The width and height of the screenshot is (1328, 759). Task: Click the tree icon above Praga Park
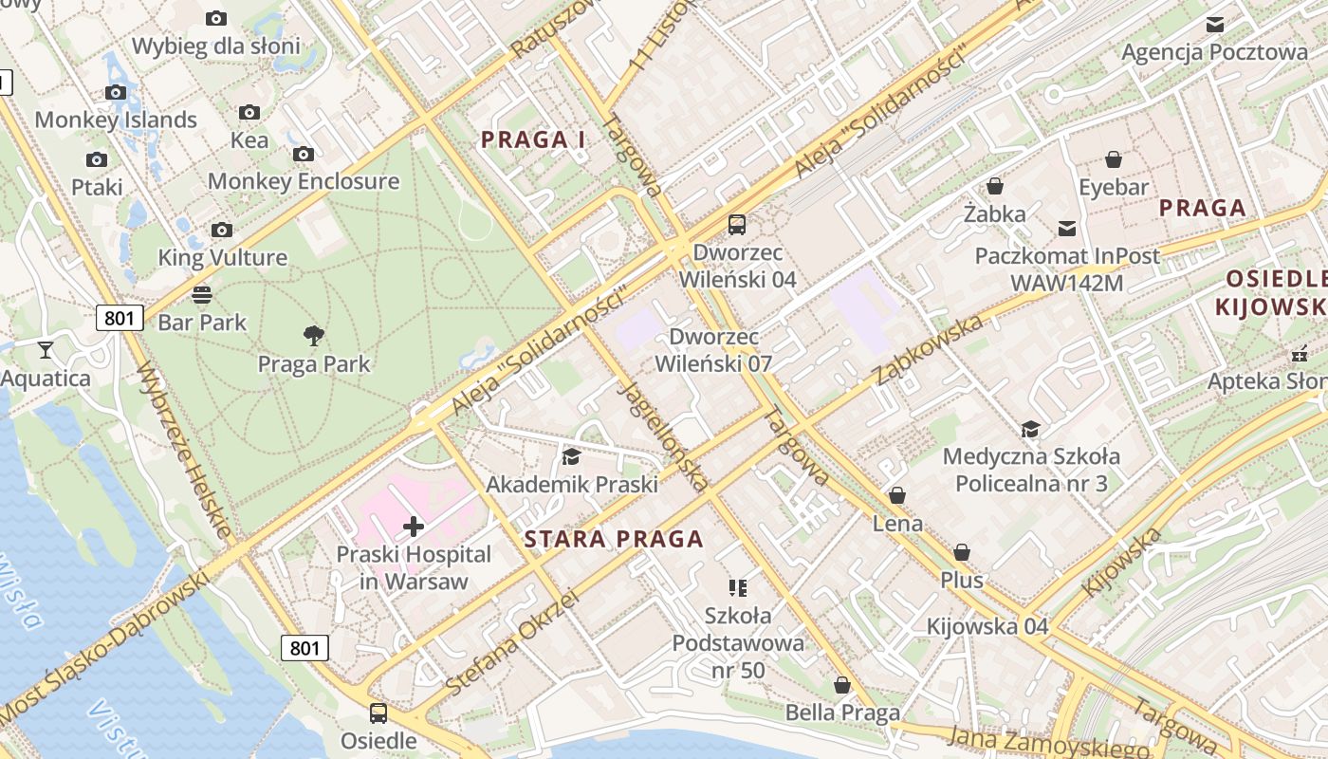pos(314,335)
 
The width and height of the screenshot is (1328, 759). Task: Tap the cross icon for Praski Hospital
pos(414,526)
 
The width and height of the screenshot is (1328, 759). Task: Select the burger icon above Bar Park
pos(202,294)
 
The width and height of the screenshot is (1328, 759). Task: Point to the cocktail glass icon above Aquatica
pos(46,349)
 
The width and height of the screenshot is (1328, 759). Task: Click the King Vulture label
pos(222,257)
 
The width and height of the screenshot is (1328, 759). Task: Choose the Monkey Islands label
pos(116,120)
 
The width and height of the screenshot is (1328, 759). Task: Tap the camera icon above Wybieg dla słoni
pos(216,18)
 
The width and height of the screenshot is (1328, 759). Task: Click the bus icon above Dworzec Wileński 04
pos(737,225)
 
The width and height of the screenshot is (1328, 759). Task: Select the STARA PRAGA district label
pos(614,540)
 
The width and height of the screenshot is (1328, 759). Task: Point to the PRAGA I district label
pos(533,140)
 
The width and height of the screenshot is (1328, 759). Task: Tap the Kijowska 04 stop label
pos(987,626)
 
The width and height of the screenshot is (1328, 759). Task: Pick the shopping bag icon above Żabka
pos(995,186)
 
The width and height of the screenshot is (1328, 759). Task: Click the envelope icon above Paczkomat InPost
pos(1067,228)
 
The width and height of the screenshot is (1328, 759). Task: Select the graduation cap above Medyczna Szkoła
pos(1030,429)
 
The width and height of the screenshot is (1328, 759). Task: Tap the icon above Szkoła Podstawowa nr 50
pos(738,588)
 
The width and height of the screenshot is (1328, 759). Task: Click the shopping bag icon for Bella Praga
pos(841,685)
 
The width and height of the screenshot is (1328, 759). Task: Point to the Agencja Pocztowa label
pos(1214,52)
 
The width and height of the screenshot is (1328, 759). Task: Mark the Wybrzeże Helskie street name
pos(184,451)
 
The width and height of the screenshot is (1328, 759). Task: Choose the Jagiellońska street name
pos(663,436)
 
